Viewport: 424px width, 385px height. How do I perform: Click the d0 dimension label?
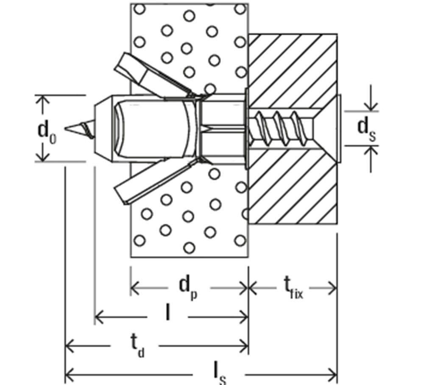(x=47, y=132)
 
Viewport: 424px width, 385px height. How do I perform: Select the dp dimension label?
(x=188, y=289)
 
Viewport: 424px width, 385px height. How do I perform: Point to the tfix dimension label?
(x=293, y=288)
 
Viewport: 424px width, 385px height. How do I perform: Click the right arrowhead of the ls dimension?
(x=332, y=375)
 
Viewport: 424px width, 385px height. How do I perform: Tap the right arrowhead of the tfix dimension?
(x=332, y=288)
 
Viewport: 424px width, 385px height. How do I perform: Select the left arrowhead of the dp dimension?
(x=135, y=288)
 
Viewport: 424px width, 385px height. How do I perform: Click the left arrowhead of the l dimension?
(x=100, y=317)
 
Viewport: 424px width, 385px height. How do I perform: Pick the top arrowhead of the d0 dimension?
(x=42, y=101)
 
